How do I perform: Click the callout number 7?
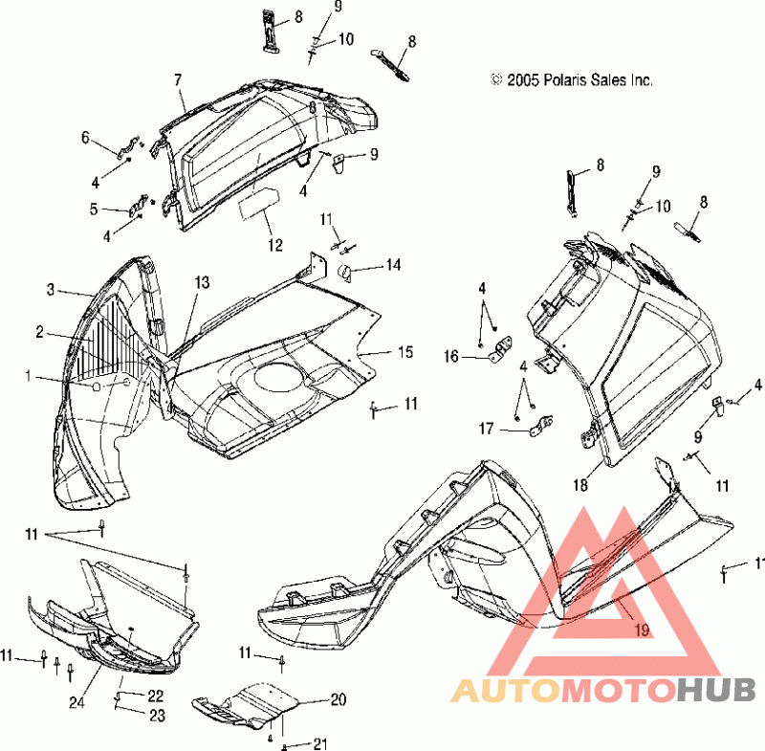point(178,79)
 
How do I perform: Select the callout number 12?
point(275,245)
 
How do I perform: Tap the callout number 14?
point(393,265)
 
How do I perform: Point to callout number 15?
point(405,352)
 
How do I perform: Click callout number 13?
point(202,282)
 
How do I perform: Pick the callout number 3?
point(51,290)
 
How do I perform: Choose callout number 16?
point(450,356)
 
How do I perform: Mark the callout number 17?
point(486,429)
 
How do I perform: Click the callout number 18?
point(580,485)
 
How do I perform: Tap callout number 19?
point(642,630)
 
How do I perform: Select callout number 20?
point(339,699)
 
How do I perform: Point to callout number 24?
point(76,702)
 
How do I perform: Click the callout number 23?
point(157,716)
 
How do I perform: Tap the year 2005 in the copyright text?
point(523,80)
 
